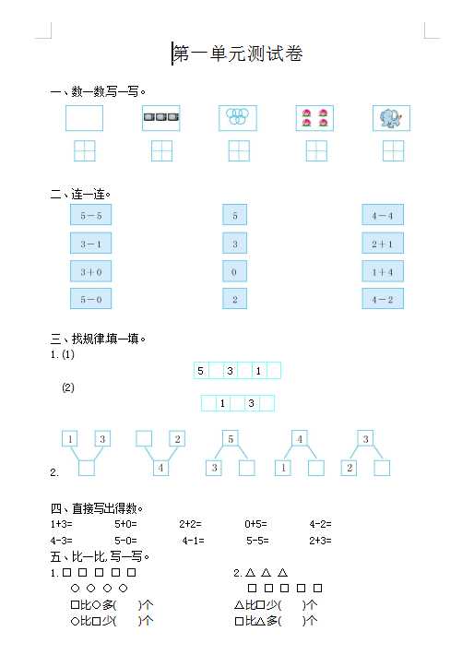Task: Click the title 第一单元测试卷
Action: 238,54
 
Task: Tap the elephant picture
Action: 391,118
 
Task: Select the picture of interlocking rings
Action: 238,118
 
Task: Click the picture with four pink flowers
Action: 314,118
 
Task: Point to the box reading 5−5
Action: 90,215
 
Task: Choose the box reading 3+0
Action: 90,271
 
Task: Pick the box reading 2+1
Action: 383,244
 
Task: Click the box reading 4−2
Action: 383,299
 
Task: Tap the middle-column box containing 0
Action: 234,271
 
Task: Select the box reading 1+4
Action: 383,271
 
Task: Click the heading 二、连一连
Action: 80,195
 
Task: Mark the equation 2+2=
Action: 191,524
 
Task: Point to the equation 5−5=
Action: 257,541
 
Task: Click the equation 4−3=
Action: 62,541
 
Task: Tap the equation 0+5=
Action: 255,524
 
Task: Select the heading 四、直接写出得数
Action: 97,508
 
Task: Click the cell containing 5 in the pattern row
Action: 201,371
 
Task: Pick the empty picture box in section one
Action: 84,118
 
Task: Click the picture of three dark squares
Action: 161,118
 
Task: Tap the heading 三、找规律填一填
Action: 98,339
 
